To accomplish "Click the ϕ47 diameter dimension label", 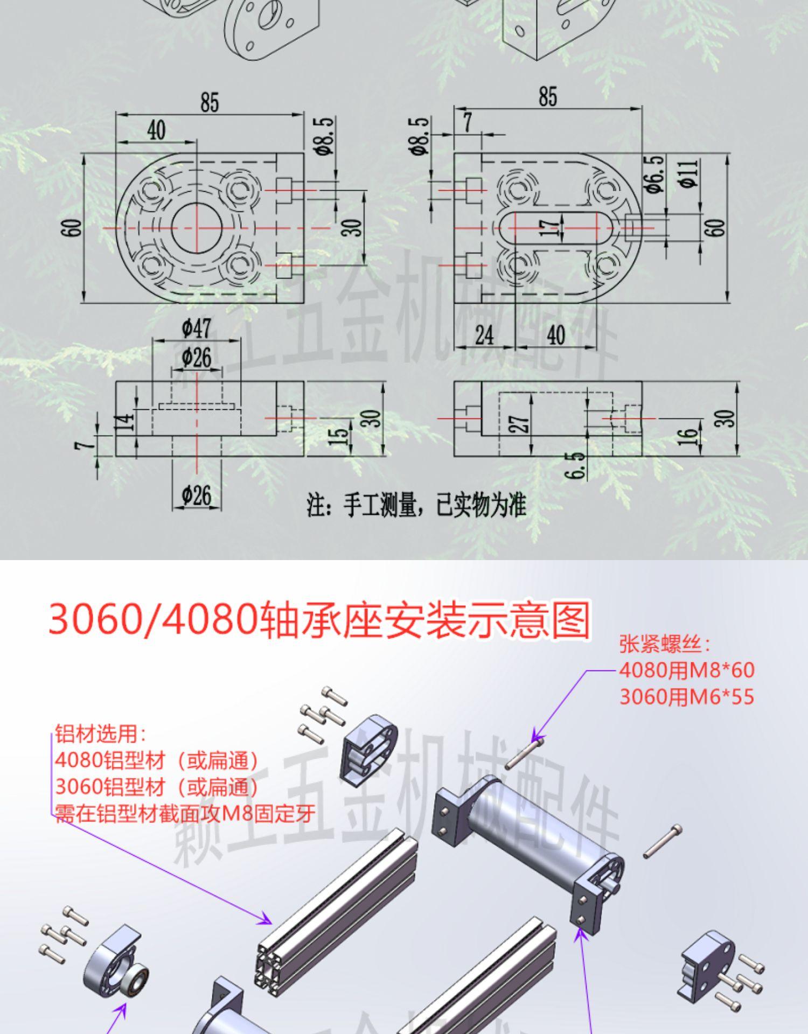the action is point(197,328).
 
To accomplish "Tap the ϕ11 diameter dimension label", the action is point(691,173).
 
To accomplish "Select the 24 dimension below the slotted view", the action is point(484,336).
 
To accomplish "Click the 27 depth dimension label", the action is point(519,424).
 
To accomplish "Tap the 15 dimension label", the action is point(338,436).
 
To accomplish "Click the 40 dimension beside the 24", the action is point(555,336).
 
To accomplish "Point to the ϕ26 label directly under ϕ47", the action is point(197,357).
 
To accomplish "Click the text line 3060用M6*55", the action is point(687,697).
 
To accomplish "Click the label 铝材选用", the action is point(100,734).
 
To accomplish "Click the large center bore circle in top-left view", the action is point(197,228).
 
